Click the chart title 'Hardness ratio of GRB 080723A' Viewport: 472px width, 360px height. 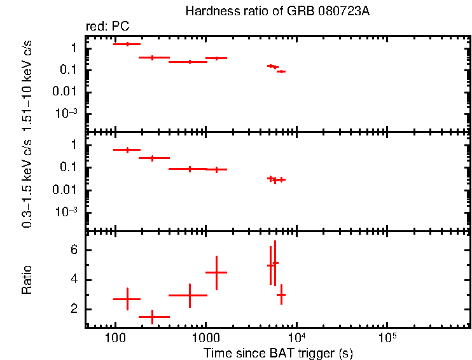pos(277,11)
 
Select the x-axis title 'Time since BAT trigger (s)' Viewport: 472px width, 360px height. pos(278,352)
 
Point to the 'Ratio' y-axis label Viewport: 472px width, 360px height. pos(27,280)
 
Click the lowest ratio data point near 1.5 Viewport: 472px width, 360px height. pos(152,316)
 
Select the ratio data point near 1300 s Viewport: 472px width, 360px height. pos(216,272)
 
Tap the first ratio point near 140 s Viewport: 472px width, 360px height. pos(127,299)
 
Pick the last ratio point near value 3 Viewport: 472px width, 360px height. pos(281,294)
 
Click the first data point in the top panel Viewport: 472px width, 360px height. pos(127,44)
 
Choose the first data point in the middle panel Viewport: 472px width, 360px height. pos(127,149)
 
